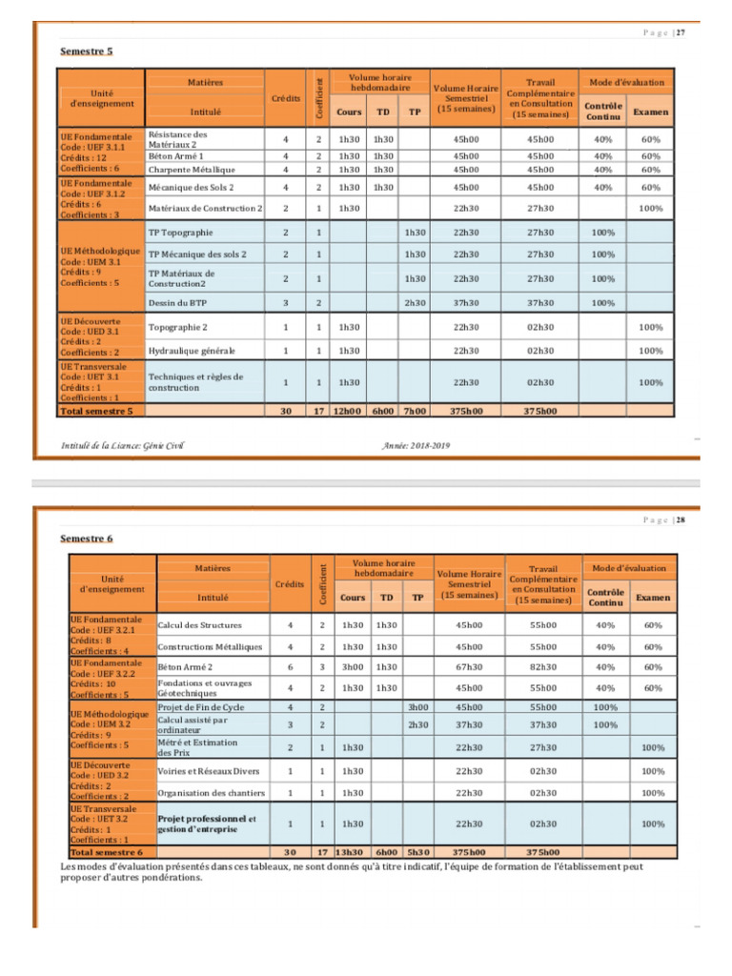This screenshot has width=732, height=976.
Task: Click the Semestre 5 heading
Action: [86, 51]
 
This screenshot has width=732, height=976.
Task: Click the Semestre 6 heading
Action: [86, 539]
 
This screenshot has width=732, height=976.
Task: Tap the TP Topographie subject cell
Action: [181, 233]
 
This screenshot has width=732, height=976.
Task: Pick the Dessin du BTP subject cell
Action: [178, 302]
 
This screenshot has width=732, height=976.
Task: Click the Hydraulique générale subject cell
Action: [191, 351]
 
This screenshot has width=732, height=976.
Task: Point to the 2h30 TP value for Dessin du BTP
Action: [414, 302]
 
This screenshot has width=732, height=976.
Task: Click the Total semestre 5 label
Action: [96, 412]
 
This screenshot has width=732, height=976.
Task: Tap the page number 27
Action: [681, 32]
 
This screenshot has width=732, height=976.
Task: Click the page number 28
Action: [681, 520]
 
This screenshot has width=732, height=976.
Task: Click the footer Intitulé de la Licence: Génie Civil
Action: [121, 445]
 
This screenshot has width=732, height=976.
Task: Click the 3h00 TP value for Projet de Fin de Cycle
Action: [416, 707]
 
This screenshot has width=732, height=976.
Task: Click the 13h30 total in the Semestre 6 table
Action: [350, 852]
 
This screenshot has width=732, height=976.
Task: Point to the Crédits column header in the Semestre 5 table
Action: [286, 98]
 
